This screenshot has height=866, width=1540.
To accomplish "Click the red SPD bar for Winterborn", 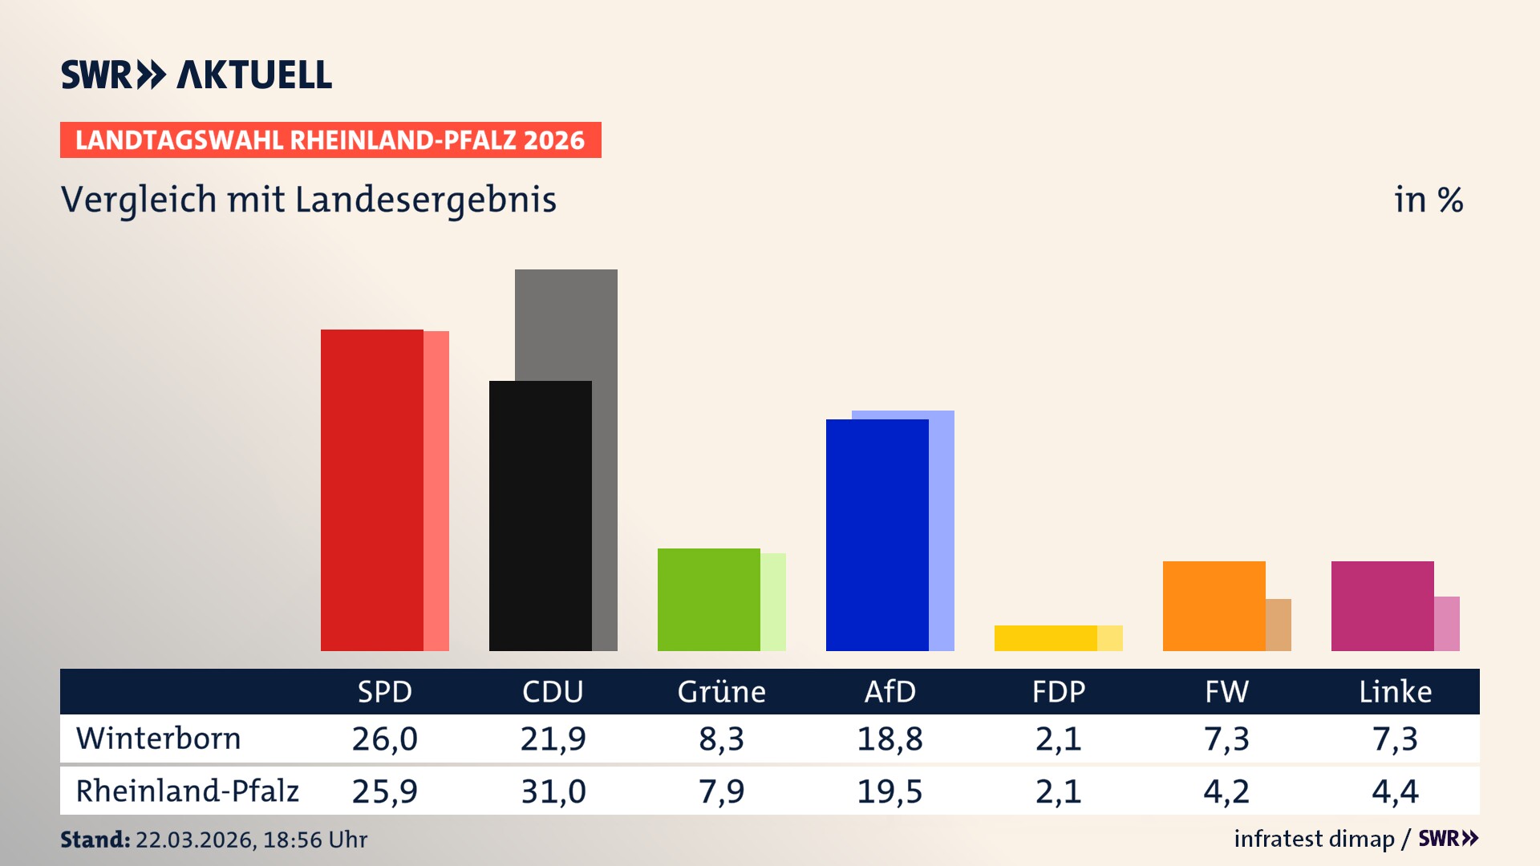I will click(x=371, y=490).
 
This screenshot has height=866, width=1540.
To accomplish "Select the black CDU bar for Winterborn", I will click(x=540, y=516).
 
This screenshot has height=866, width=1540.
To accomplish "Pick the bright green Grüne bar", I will click(x=708, y=600).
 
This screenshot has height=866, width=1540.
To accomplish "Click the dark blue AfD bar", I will click(x=877, y=535).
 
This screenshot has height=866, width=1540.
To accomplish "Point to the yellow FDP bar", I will click(x=1045, y=638).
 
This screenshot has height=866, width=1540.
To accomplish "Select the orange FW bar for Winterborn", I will click(x=1214, y=606).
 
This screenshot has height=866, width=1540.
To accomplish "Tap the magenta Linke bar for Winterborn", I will click(x=1382, y=606).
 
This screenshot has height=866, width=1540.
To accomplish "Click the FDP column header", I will click(x=1058, y=692).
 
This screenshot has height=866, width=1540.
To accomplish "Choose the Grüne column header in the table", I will click(x=721, y=692).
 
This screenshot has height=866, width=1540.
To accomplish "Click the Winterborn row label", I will click(x=158, y=739).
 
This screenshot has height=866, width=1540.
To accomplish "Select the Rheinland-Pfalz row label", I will click(x=187, y=791).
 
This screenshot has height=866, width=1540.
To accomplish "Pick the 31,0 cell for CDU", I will click(x=553, y=791).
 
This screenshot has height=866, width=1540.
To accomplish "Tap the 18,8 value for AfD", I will click(x=890, y=739).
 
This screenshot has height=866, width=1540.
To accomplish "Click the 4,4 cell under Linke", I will click(x=1395, y=791).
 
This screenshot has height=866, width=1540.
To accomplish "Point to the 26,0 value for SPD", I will click(x=384, y=739).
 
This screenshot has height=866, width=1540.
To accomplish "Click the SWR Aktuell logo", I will click(x=196, y=75).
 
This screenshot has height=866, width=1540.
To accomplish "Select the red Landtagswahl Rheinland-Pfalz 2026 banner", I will click(x=330, y=140).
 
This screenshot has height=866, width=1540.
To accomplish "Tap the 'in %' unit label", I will click(x=1428, y=200).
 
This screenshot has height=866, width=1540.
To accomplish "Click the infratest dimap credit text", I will click(x=1313, y=839).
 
